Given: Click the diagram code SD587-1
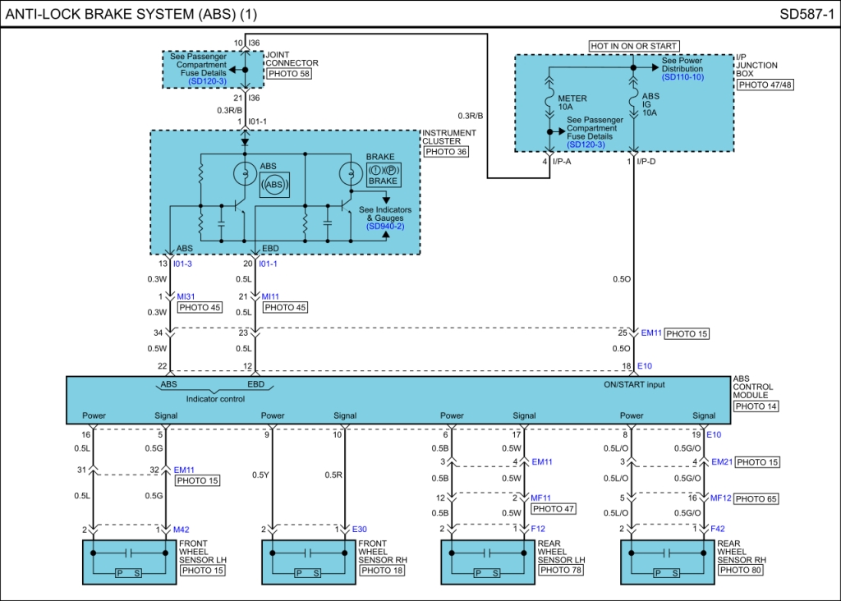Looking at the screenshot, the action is coord(807,14).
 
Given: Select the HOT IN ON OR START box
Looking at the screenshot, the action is coord(633,46).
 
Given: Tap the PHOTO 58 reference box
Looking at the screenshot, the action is coord(289,73).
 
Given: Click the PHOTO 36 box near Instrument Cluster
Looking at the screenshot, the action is coord(446,152).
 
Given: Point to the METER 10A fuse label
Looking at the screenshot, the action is coord(572,103).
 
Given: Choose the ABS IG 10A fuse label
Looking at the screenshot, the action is coord(650,104).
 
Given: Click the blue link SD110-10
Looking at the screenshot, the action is coord(682,76).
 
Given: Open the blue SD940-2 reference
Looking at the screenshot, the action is coord(385,227).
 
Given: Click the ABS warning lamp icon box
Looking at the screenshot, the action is coord(274,185).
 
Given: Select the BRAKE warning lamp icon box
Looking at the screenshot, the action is coord(383,175).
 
